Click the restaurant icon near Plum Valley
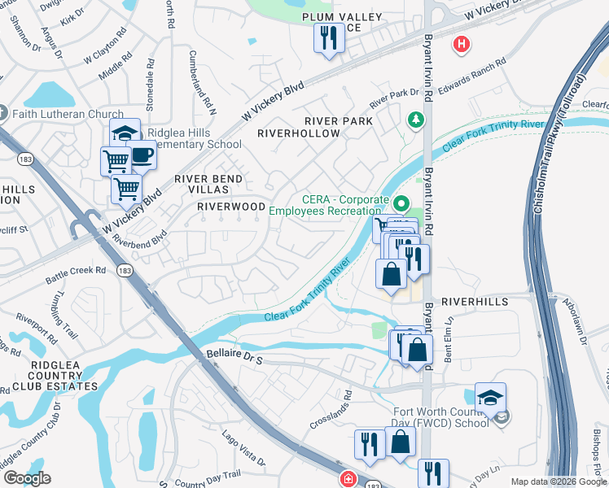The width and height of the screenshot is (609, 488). click(330, 39)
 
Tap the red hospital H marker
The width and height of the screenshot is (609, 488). click(462, 44)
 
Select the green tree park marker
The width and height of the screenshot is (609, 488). click(417, 120)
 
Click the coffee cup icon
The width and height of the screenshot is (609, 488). click(142, 154)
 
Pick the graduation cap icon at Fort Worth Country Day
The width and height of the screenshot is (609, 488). click(490, 397)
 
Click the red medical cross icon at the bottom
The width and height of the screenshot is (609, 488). click(348, 479)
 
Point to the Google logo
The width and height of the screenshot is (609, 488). click(27, 478)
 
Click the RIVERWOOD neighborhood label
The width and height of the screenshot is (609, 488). click(232, 207)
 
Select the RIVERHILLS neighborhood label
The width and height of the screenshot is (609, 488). click(475, 301)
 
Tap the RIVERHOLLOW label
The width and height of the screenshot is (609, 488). click(299, 133)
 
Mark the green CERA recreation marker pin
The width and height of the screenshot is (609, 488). click(401, 203)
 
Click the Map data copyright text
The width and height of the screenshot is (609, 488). click(559, 481)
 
